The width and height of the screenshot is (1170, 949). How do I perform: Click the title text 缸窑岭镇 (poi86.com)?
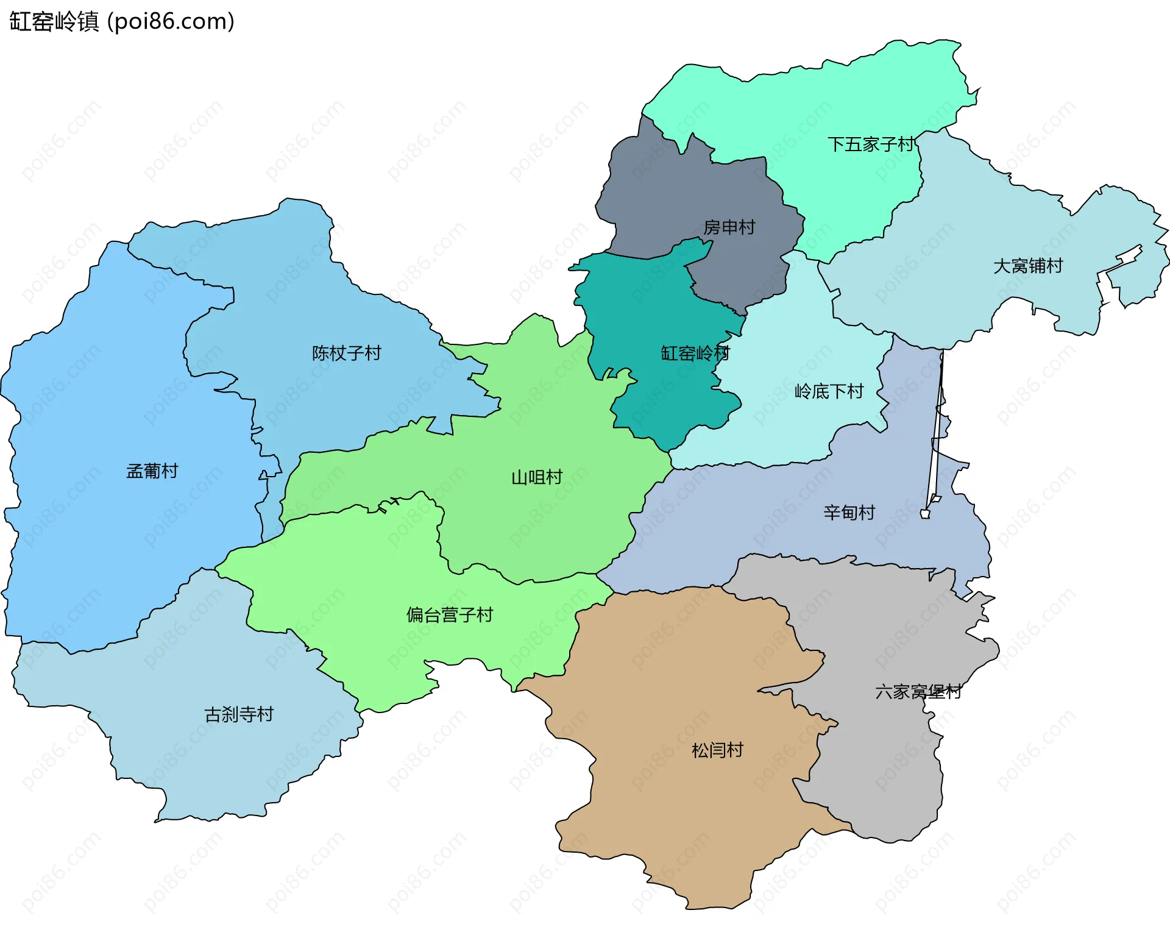pos(122,21)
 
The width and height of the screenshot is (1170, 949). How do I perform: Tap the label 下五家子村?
pos(871,144)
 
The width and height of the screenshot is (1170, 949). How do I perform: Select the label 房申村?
pos(729,227)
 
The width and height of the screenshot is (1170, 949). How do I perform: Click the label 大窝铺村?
pos(1027,266)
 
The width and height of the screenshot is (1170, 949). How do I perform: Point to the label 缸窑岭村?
pos(695,353)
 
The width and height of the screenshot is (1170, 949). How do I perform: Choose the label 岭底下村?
pos(829,391)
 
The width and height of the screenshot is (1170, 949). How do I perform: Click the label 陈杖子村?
pos(346,353)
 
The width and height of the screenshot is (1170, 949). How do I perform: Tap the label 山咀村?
pos(536,477)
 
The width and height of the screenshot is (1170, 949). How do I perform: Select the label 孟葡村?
pos(152,471)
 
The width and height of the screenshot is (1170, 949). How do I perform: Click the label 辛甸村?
pos(849,512)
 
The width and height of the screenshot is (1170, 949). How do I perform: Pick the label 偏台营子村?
pos(449,614)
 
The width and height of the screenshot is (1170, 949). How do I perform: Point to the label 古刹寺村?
pos(239,714)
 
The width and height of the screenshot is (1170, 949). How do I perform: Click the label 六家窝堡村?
pos(918,691)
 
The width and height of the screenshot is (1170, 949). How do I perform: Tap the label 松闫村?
pos(717,750)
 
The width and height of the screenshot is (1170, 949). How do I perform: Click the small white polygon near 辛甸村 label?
pos(925,514)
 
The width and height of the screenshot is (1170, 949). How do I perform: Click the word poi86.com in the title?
pos(171,21)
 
